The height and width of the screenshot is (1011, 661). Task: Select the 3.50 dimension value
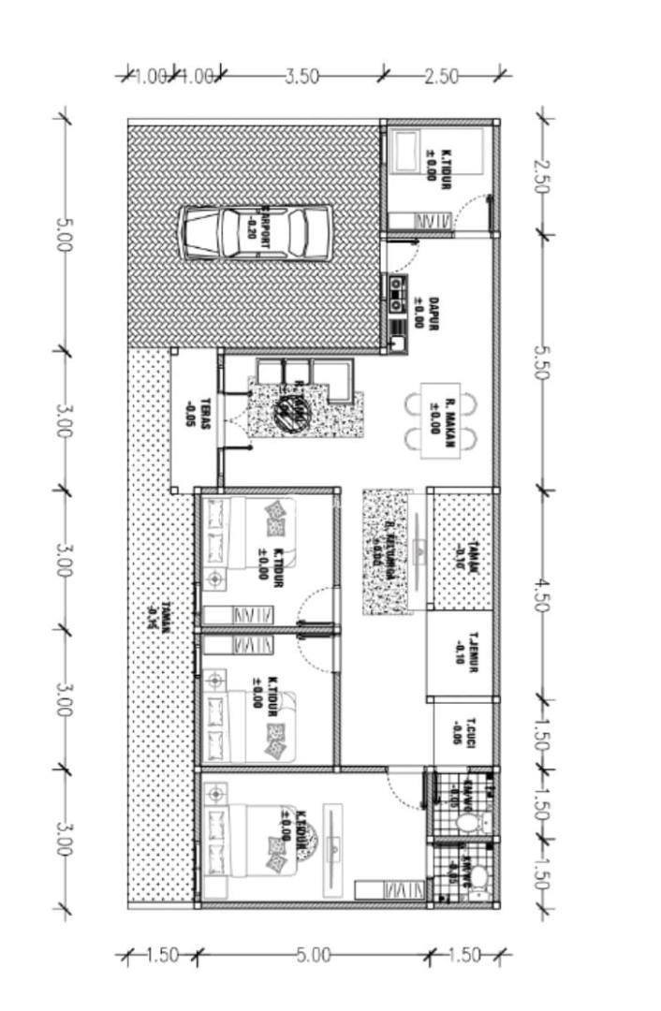click(x=301, y=76)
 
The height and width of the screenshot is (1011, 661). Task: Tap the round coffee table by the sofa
click(x=283, y=408)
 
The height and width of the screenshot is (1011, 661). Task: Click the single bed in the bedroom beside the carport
click(x=409, y=151)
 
